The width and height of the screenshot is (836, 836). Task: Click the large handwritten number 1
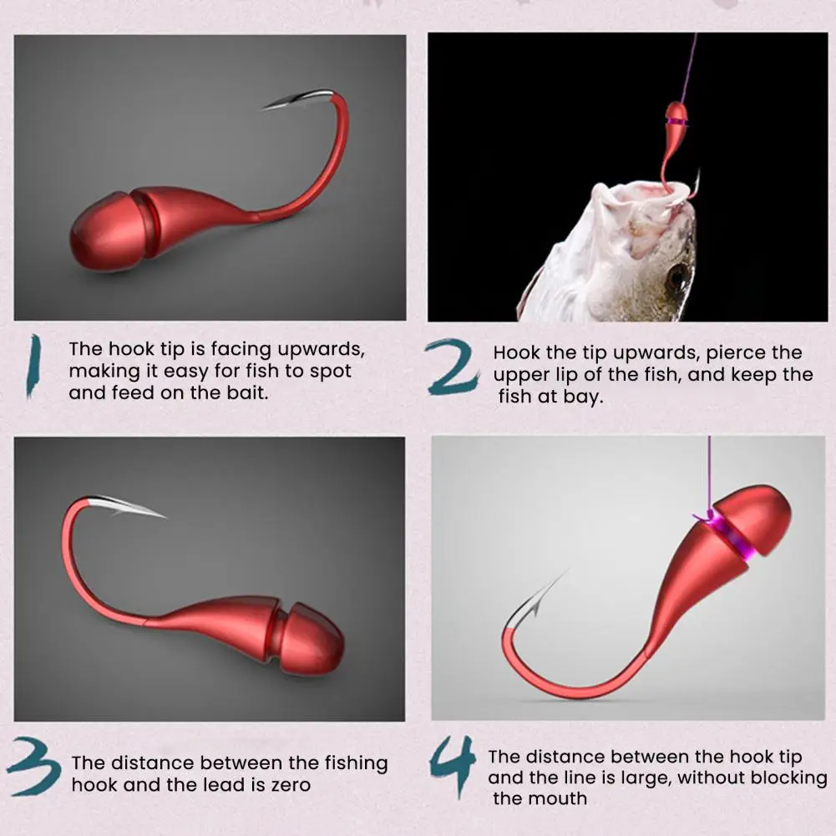(x=33, y=366)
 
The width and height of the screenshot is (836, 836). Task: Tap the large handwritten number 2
(x=451, y=367)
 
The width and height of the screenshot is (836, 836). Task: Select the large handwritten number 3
(x=33, y=766)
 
